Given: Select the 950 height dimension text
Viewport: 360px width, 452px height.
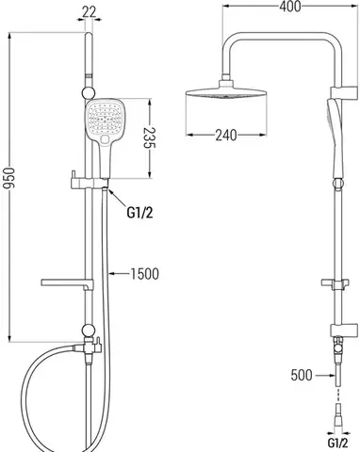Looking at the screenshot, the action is pyautogui.click(x=8, y=178).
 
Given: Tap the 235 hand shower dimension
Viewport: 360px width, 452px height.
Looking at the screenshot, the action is pyautogui.click(x=150, y=137).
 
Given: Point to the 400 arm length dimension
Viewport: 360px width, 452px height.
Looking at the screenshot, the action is pyautogui.click(x=290, y=7).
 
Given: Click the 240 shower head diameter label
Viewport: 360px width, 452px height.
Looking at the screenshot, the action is pyautogui.click(x=226, y=136).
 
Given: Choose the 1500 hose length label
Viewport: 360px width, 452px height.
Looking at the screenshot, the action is pyautogui.click(x=144, y=274).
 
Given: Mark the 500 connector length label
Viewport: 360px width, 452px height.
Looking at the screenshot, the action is pyautogui.click(x=302, y=375).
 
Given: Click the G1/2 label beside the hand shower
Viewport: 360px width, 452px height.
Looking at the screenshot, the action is pyautogui.click(x=139, y=214).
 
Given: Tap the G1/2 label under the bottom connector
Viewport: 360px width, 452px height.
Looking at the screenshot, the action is pyautogui.click(x=338, y=444).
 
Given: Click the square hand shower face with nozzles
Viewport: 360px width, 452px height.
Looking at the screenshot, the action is pyautogui.click(x=102, y=120).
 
